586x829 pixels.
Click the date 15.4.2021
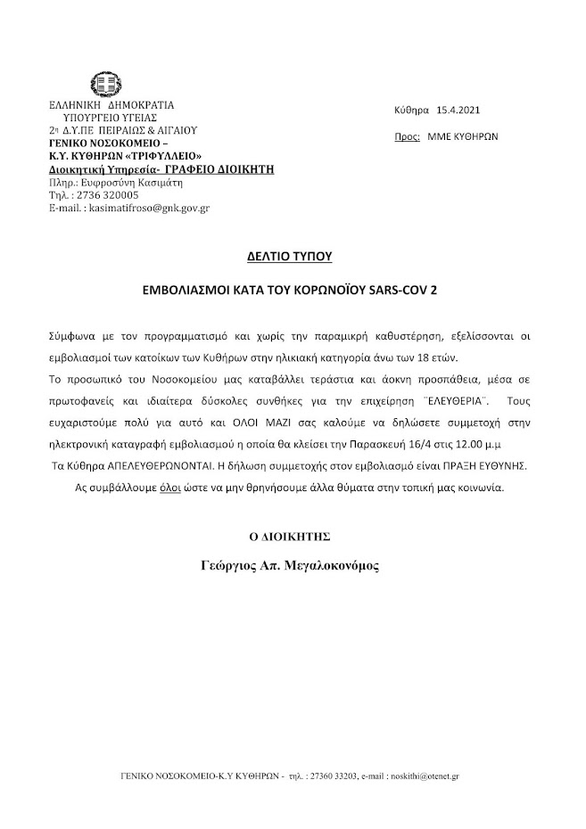459,111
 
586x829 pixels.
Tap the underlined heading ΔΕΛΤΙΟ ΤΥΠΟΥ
289,256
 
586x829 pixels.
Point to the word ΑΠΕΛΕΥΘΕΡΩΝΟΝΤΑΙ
153,464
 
